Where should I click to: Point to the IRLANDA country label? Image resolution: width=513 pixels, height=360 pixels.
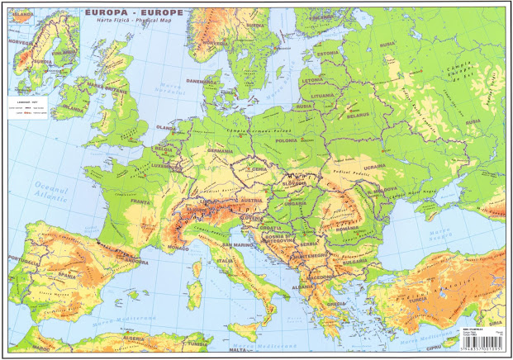coord(72,107)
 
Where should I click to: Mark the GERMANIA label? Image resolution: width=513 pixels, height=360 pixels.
coord(220,151)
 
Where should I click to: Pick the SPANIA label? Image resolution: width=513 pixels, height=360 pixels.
coord(55,272)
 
